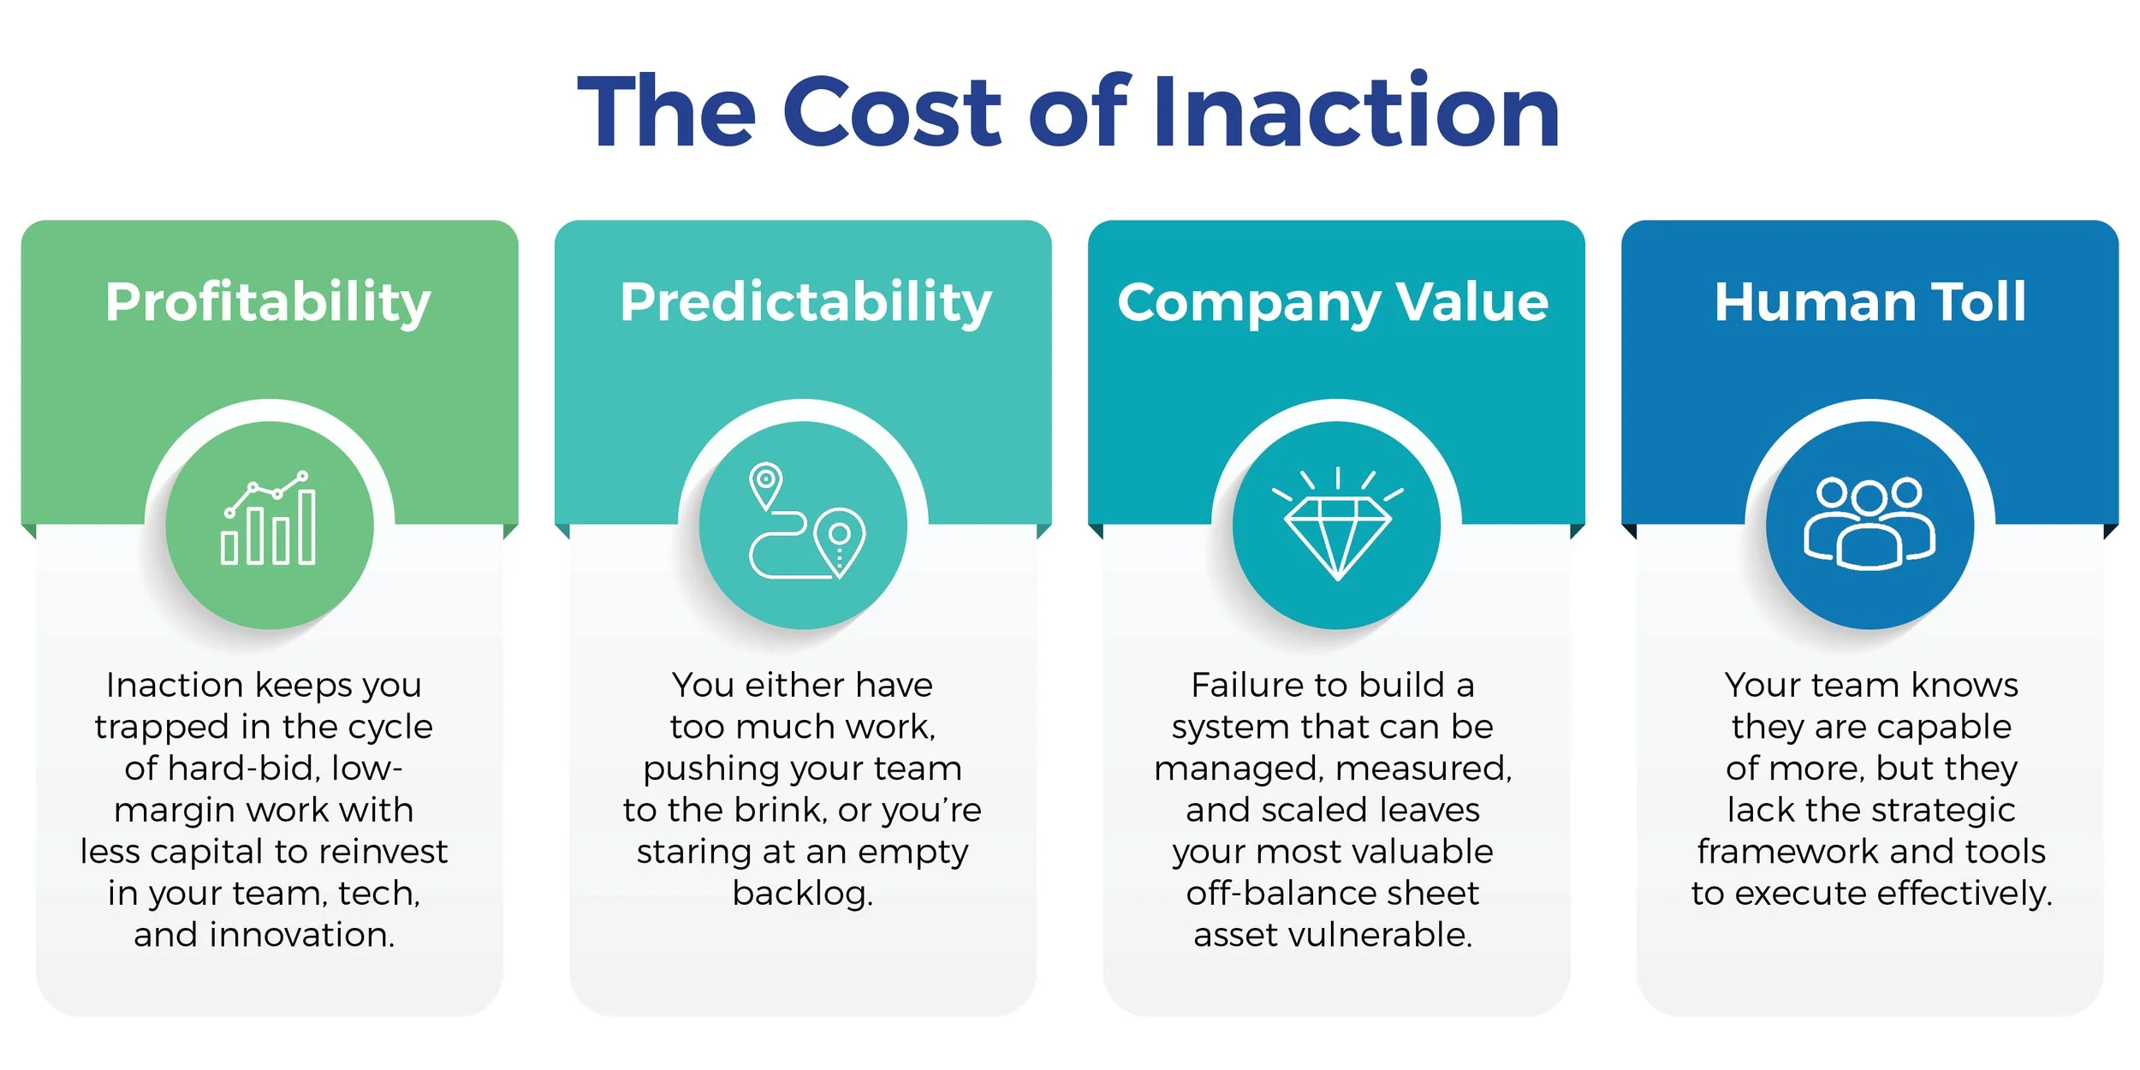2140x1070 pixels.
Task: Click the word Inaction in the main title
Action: pyautogui.click(x=1357, y=111)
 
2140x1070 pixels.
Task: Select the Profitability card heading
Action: pyautogui.click(x=268, y=302)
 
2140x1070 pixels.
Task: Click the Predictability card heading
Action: pyautogui.click(x=805, y=302)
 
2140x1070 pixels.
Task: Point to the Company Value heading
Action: pyautogui.click(x=1333, y=302)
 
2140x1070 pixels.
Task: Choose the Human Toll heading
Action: pyautogui.click(x=1870, y=302)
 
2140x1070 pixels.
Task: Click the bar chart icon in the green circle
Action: pyautogui.click(x=269, y=520)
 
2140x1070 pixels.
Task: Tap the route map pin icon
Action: pyautogui.click(x=805, y=522)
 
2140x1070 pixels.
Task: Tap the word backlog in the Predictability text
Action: pyautogui.click(x=802, y=893)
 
